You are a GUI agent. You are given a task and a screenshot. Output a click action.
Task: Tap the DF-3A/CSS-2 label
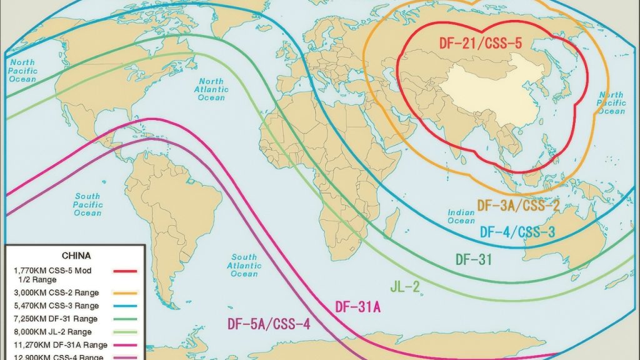click(x=518, y=205)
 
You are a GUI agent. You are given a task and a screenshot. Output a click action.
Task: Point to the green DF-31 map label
click(x=474, y=259)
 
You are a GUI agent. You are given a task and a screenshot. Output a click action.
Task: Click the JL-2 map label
click(x=406, y=287)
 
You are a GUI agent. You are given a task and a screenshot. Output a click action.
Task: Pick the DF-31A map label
click(x=358, y=307)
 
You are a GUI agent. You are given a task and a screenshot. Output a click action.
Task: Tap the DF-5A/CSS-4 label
click(x=267, y=324)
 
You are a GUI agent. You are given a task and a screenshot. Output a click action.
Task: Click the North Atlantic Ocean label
click(x=211, y=89)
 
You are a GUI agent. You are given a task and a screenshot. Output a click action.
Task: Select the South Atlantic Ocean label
click(x=244, y=265)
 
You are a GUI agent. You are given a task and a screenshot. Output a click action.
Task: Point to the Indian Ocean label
click(x=461, y=216)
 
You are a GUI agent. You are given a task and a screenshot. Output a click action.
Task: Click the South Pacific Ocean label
click(x=87, y=204)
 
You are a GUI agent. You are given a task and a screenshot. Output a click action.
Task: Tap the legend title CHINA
click(x=76, y=256)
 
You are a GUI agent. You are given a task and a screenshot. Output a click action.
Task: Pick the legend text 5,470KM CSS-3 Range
click(x=56, y=306)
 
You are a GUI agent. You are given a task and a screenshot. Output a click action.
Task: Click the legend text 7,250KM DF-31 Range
click(x=56, y=319)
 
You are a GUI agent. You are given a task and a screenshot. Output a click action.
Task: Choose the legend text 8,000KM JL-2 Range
click(x=52, y=332)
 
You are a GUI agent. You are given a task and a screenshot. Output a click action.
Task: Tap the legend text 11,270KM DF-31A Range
click(x=60, y=345)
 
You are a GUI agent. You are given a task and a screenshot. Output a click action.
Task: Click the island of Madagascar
click(x=391, y=223)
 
